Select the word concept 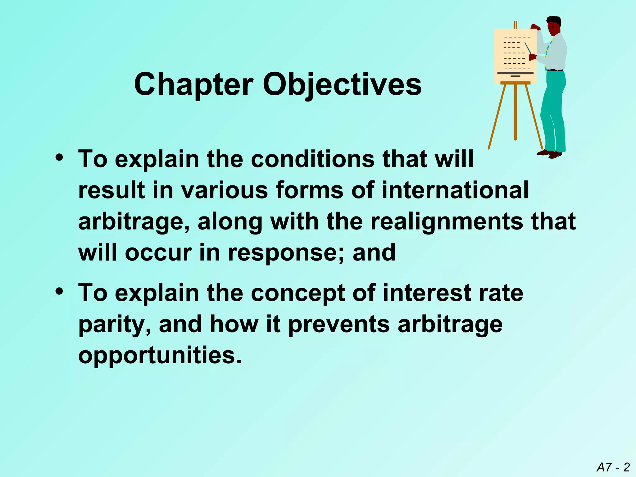click(x=298, y=293)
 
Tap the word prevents click(x=339, y=325)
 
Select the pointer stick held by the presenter click(x=528, y=48)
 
